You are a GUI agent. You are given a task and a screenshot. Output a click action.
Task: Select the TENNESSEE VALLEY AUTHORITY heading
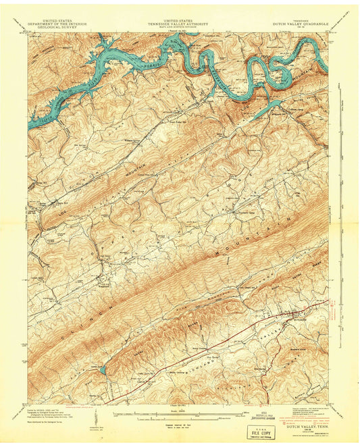pyautogui.click(x=179, y=24)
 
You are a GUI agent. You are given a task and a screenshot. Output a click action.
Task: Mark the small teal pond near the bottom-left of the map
pyautogui.click(x=102, y=370)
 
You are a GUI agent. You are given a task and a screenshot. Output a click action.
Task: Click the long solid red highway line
pyautogui.click(x=223, y=351)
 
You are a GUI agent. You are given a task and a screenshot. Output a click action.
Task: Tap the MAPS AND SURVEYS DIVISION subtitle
pyautogui.click(x=179, y=28)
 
